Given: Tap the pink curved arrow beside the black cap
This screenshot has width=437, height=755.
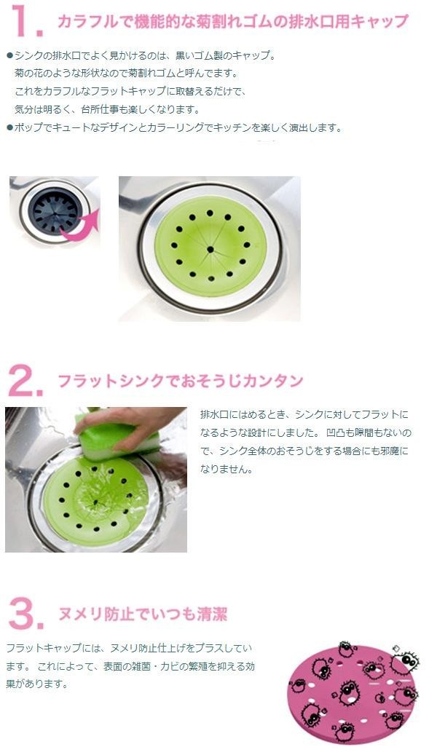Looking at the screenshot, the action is click(x=81, y=226).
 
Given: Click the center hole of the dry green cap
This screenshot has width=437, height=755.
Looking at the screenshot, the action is click(x=210, y=249).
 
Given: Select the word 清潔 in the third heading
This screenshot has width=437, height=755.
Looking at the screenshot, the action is click(x=211, y=614).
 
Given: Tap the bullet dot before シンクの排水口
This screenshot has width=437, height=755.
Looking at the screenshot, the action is click(x=9, y=56).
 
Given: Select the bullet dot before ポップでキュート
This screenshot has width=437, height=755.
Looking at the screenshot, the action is click(x=9, y=129).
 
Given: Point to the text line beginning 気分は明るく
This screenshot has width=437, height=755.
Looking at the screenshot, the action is click(x=107, y=110).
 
